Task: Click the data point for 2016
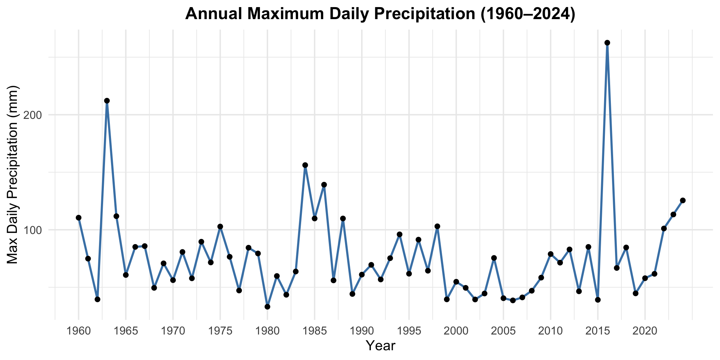pos(607,43)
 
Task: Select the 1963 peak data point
pos(107,100)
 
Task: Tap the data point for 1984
pos(305,165)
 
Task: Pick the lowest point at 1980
pos(267,307)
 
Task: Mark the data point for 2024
pos(683,201)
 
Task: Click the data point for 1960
pos(78,217)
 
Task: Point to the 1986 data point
pos(324,184)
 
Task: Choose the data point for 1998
pos(437,226)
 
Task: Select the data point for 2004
pos(494,258)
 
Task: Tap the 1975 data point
pos(220,226)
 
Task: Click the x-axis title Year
pos(380,346)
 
